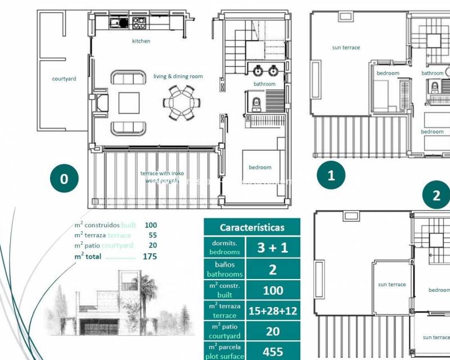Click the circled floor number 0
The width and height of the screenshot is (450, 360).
tap(64, 178)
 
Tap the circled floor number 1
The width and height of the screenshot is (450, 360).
tap(331, 175)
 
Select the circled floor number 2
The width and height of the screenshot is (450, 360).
tap(436, 196)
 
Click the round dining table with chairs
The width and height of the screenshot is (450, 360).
tap(181, 102)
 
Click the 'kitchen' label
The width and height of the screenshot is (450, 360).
tap(141, 41)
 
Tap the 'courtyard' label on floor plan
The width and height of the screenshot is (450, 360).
tap(64, 79)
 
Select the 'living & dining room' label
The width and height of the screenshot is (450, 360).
tap(178, 76)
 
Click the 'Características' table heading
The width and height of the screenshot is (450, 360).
tap(252, 228)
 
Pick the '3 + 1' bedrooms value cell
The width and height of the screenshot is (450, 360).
tap(273, 248)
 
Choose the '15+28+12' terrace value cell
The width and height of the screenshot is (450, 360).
tap(273, 310)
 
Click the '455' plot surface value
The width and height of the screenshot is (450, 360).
tap(273, 352)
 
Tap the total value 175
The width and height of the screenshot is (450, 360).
tap(150, 256)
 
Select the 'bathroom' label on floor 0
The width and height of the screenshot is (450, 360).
tap(264, 84)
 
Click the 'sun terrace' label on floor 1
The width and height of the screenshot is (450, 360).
tap(346, 48)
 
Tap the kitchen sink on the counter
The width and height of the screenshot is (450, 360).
tap(116, 23)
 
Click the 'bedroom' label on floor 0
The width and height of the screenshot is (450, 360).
tap(260, 167)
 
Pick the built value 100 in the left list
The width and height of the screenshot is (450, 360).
tap(151, 225)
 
